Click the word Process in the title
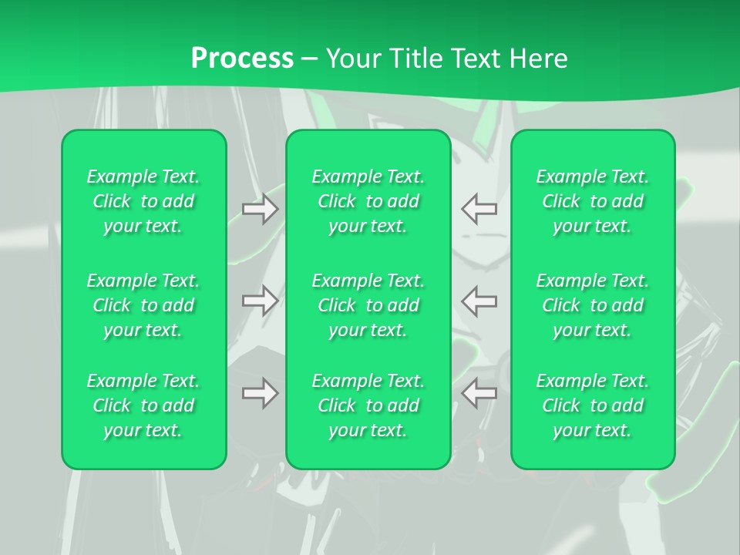[x=242, y=59]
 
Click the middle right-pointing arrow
[x=261, y=301]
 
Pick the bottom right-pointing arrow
[x=261, y=393]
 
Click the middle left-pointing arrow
[x=479, y=301]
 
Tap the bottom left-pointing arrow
[x=479, y=393]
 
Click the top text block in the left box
[x=143, y=201]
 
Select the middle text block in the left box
[x=143, y=305]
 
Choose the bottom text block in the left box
[x=143, y=405]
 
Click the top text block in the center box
[x=368, y=201]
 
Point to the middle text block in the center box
[x=368, y=305]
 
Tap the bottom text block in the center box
[x=368, y=405]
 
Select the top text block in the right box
[x=593, y=201]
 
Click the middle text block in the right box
[x=593, y=305]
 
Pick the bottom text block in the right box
[x=593, y=405]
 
